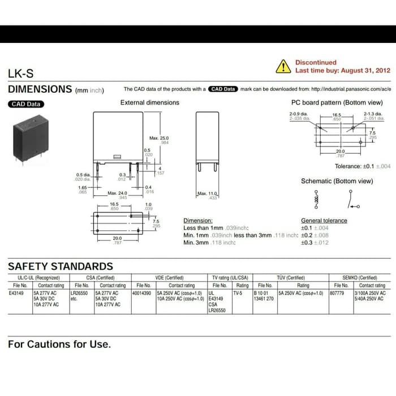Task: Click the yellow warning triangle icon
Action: pos(283,67)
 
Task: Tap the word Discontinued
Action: pos(316,62)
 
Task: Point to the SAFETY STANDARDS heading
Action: pos(61,266)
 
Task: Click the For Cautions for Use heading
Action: pos(59,344)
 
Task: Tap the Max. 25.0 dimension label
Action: pos(159,138)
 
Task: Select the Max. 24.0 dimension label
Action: pos(118,193)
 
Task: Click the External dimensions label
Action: pos(149,102)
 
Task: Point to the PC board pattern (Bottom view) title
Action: pos(337,102)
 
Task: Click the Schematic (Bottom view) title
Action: pos(337,181)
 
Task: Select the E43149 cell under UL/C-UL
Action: pos(17,294)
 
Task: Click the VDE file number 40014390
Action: pos(141,294)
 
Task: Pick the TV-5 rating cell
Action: pos(237,294)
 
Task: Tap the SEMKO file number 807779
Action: pos(337,294)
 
